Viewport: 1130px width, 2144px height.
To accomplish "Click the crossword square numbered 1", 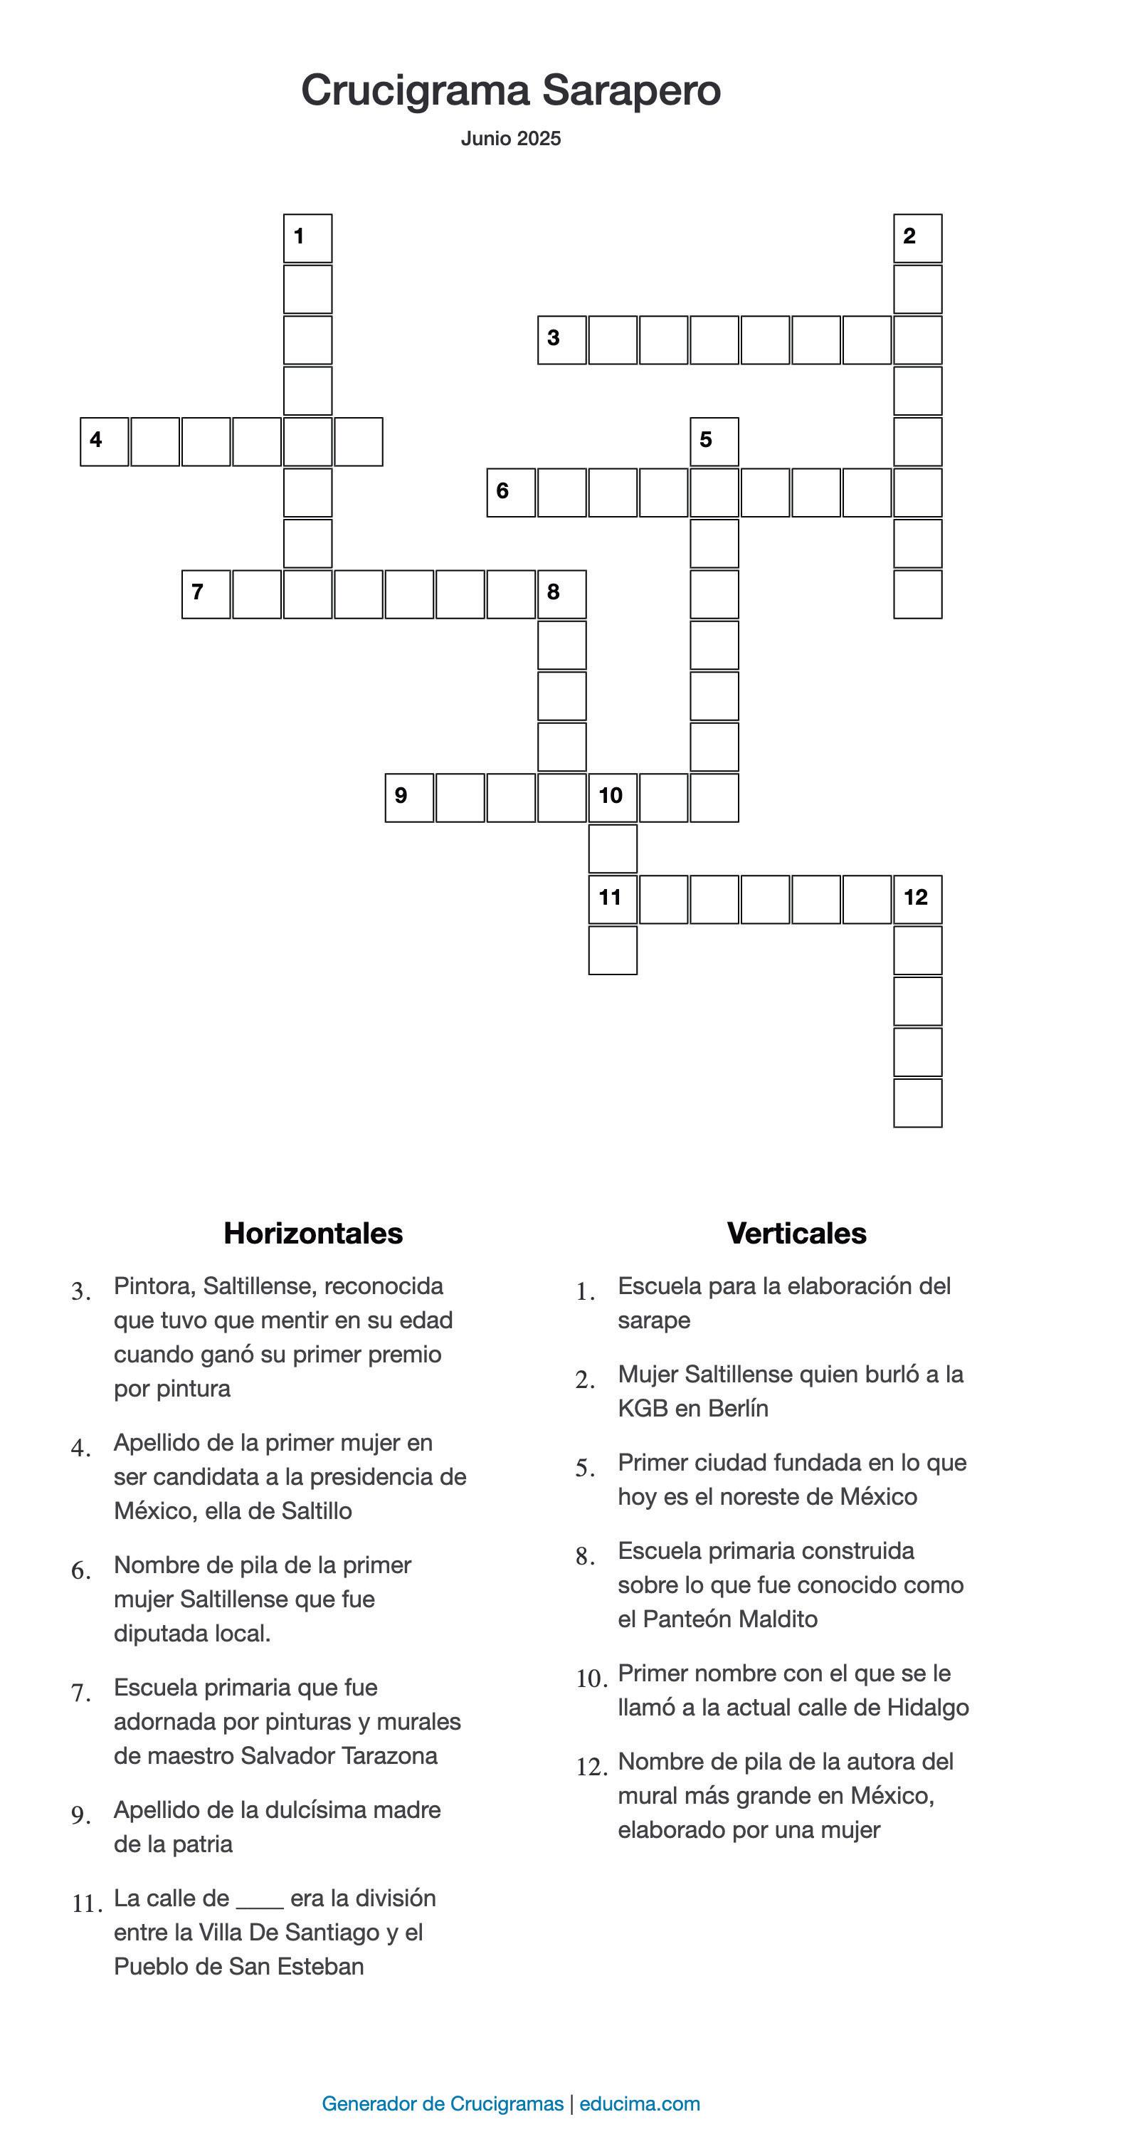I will tap(308, 239).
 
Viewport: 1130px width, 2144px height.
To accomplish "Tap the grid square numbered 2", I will tap(918, 239).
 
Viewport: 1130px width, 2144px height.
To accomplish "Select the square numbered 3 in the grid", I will tap(561, 340).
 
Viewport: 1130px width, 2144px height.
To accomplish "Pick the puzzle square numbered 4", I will tap(104, 442).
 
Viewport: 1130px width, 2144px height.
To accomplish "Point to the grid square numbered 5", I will tap(714, 442).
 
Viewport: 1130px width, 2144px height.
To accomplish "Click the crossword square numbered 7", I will tap(206, 594).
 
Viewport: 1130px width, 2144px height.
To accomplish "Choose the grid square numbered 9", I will tap(409, 797).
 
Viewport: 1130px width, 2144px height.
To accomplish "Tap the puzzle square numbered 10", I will tap(613, 797).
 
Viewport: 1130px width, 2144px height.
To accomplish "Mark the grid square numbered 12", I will tap(918, 900).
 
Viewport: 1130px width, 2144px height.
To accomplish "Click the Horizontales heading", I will tap(313, 1233).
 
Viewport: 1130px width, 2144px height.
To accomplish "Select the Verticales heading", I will tap(796, 1233).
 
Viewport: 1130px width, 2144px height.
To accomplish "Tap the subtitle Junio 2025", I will tap(511, 138).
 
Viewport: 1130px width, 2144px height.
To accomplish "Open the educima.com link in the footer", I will tap(640, 2103).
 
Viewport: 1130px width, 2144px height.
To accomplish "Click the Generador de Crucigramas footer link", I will tap(442, 2103).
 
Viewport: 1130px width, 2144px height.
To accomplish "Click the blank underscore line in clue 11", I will tap(260, 1898).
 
